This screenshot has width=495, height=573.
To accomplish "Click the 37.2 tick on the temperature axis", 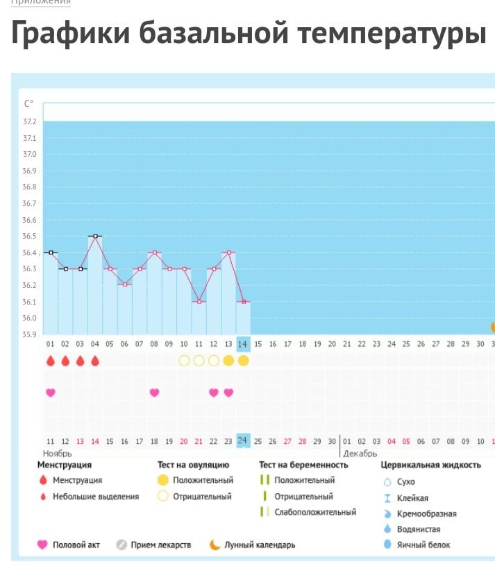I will click(31, 121).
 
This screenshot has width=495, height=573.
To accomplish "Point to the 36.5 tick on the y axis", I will click(31, 237).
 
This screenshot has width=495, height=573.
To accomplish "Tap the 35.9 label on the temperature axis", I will click(31, 334).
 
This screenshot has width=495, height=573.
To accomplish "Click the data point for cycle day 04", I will click(95, 237).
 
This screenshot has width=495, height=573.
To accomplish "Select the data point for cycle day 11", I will click(199, 302).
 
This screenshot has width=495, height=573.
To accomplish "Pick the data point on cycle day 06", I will click(125, 285).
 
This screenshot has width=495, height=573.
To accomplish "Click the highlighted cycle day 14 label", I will click(243, 344).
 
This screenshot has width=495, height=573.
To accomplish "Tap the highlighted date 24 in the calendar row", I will click(243, 441).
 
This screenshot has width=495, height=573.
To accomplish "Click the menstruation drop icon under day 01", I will click(50, 361).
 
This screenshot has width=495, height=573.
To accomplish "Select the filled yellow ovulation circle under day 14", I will click(243, 361).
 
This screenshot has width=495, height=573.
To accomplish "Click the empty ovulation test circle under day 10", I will click(184, 361).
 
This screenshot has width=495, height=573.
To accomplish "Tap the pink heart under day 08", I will click(154, 393).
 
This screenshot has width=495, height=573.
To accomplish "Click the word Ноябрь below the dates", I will click(58, 453).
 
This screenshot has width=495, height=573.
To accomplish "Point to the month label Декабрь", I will click(360, 453).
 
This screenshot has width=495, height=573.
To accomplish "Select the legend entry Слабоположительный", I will click(315, 512).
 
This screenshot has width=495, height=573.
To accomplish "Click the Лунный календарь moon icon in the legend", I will click(215, 545).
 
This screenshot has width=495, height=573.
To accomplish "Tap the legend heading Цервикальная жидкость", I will click(431, 465).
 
